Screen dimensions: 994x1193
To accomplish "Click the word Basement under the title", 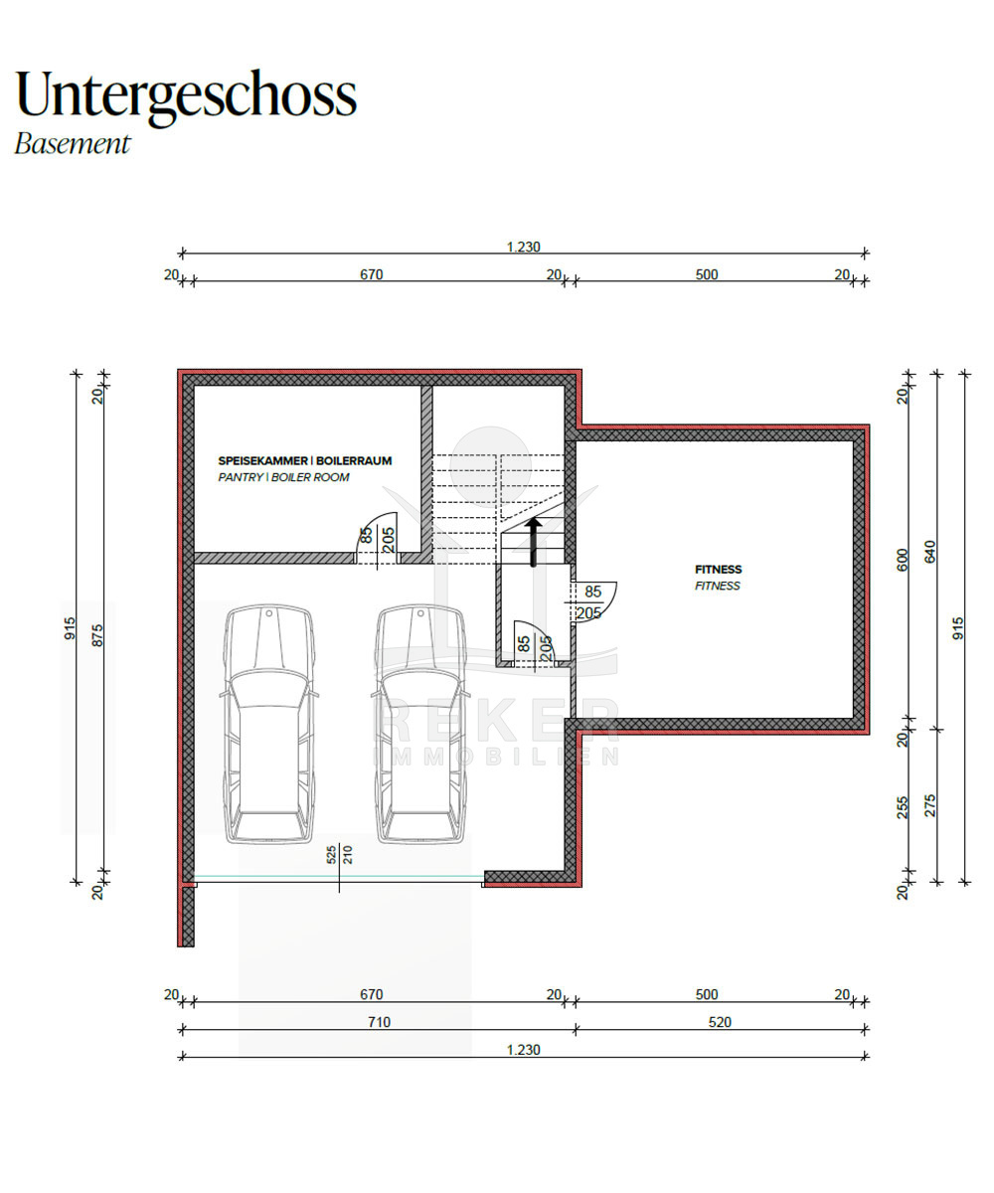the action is tap(73, 144).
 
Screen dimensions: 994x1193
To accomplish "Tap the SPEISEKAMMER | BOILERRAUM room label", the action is tap(304, 460).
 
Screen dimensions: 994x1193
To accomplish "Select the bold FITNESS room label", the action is tap(718, 569).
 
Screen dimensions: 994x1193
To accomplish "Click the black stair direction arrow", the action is tap(534, 542).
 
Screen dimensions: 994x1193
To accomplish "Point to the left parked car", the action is tap(268, 724).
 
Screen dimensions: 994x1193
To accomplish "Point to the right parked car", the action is tap(420, 724).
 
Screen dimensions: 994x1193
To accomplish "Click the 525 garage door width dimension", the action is tap(331, 855).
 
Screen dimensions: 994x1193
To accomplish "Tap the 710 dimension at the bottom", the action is tap(380, 1022).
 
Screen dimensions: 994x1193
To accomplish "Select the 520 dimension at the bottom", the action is tap(720, 1022).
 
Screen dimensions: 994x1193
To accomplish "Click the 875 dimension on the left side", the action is tap(97, 635).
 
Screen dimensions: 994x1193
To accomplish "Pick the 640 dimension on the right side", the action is tap(930, 552).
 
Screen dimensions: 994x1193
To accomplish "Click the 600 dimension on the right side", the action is tap(902, 560).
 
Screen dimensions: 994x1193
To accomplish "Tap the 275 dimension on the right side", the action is tap(930, 805).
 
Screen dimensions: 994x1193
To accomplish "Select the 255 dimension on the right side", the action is tap(902, 807).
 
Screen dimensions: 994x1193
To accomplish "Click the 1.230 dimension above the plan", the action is tap(523, 247).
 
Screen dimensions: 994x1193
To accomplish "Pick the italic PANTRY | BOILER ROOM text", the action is tap(283, 477).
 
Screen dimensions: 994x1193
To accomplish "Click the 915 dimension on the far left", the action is tap(70, 628).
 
